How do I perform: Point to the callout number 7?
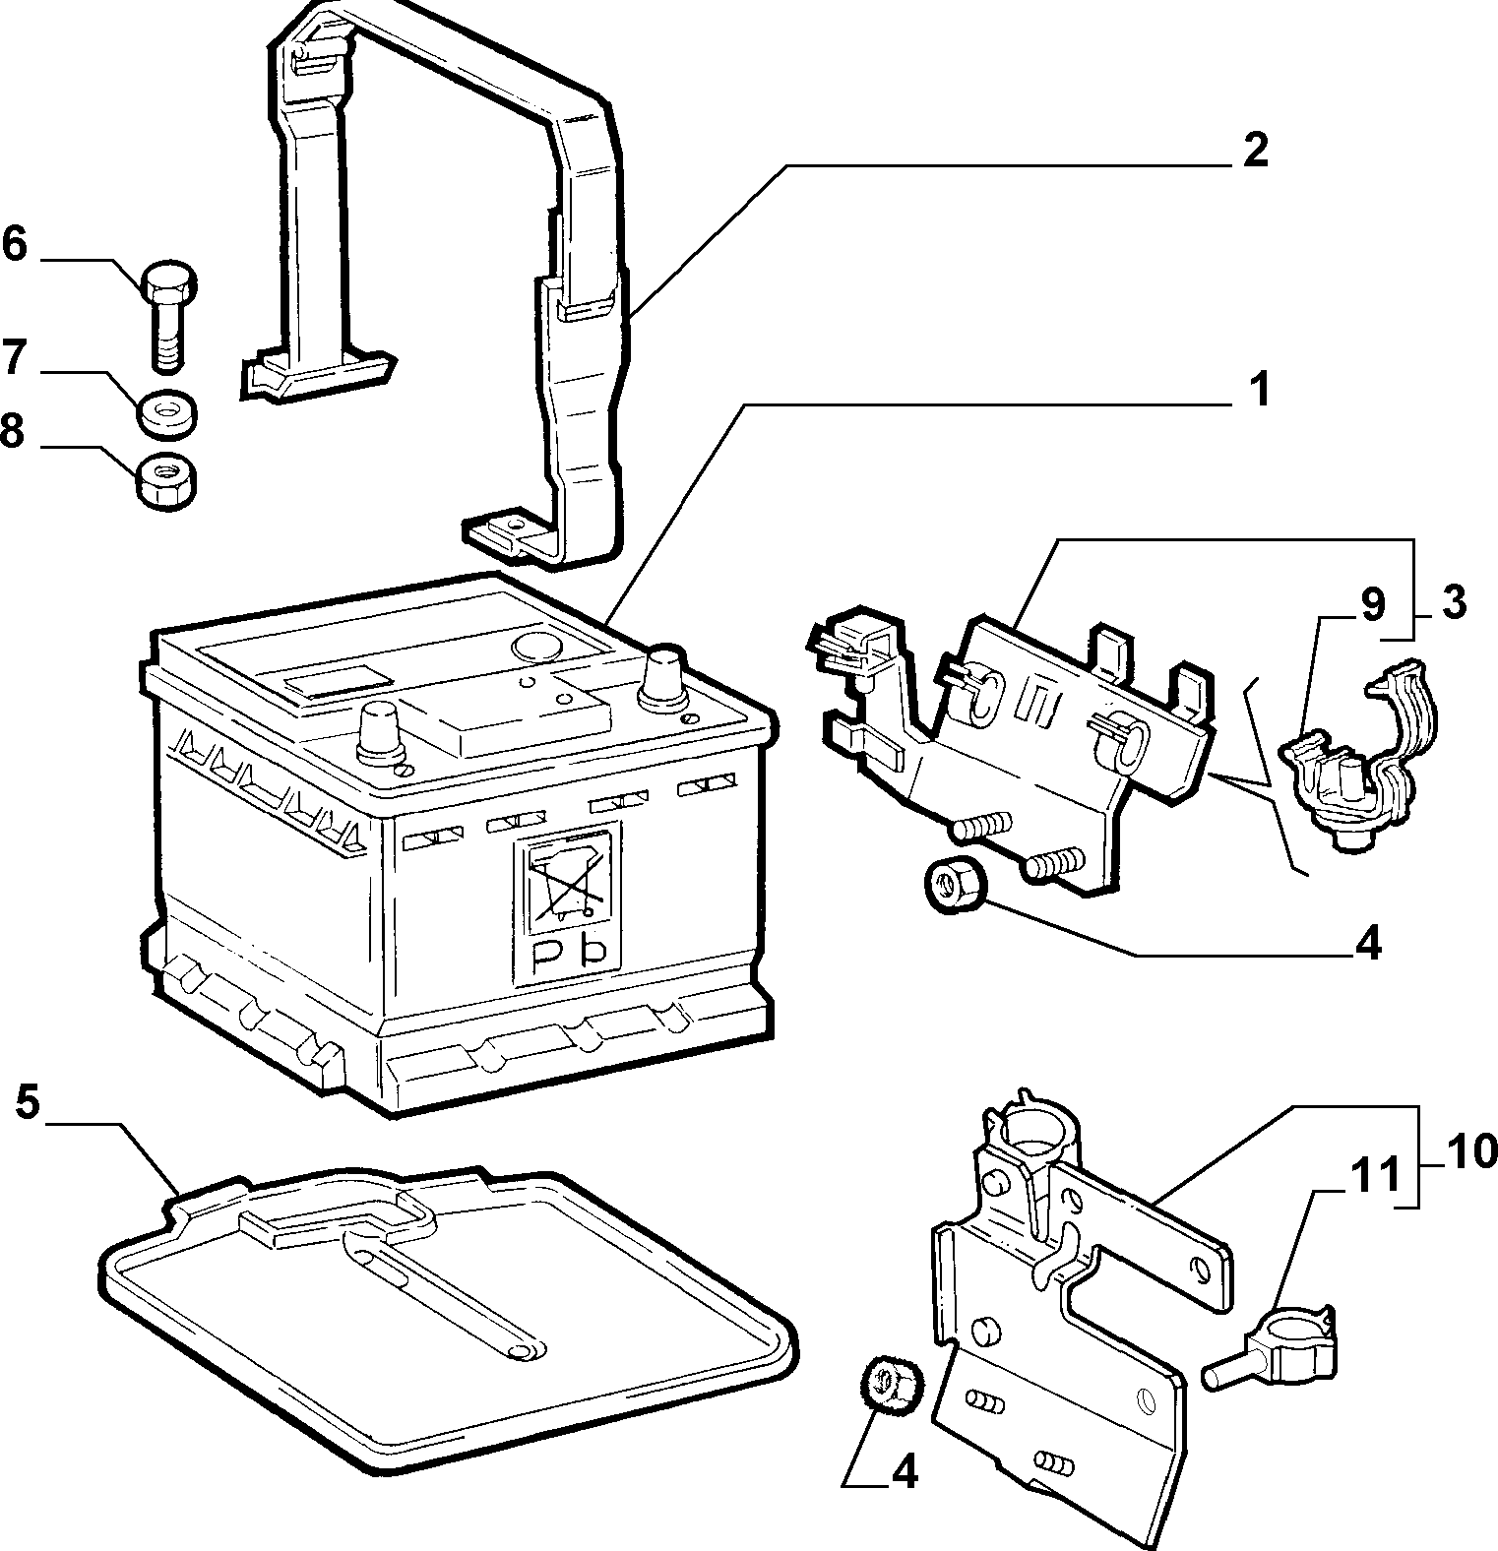pyautogui.click(x=14, y=357)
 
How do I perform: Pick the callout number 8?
pyautogui.click(x=14, y=430)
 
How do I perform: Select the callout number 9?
pyautogui.click(x=1372, y=605)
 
